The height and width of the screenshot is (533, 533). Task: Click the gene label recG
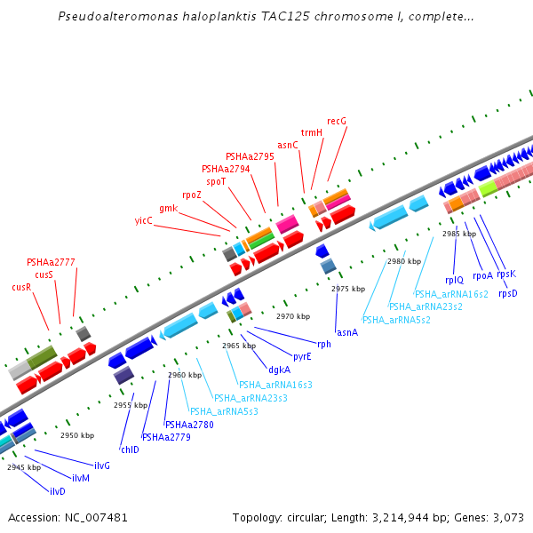pos(337,121)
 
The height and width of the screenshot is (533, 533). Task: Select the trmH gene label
pos(311,132)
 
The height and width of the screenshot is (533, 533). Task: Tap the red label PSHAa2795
pos(250,156)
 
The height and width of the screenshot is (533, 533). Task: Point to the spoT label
pos(216,181)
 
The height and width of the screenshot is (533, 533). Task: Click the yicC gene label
pos(144,220)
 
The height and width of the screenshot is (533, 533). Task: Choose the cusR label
pos(22,287)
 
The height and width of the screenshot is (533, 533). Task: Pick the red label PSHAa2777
pos(51,262)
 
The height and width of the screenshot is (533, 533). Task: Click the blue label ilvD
pos(58,491)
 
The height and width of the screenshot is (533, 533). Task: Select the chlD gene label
pos(130,449)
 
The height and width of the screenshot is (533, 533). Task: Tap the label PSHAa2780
pos(189,425)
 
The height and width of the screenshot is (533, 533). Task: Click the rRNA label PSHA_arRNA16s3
pos(275,385)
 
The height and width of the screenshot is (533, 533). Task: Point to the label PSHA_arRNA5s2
pos(396,319)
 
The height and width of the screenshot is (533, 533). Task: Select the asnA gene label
pos(347,332)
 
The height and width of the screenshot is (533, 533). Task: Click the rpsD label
pos(507,293)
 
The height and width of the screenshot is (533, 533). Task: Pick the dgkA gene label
pos(279,370)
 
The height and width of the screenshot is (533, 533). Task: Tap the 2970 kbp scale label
pos(292,316)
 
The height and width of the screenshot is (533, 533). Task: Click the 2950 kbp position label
pos(77,435)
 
